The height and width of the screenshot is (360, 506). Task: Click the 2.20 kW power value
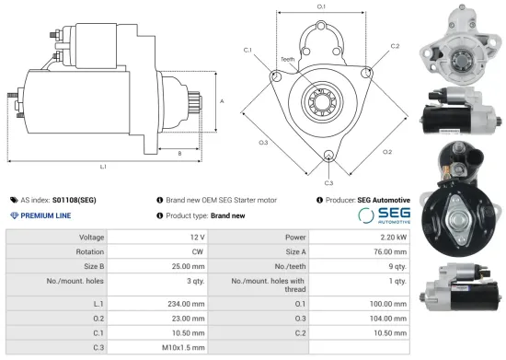pos(388,237)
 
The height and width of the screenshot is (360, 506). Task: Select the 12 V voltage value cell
pos(193,237)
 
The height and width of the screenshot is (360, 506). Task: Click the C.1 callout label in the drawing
pos(249,49)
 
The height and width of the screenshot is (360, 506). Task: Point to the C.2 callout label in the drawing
pos(395,46)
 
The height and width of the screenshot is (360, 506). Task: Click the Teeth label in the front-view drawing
pos(288,60)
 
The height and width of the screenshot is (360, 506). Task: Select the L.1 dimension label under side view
pos(103,167)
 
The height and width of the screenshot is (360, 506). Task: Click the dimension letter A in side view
pos(222,101)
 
